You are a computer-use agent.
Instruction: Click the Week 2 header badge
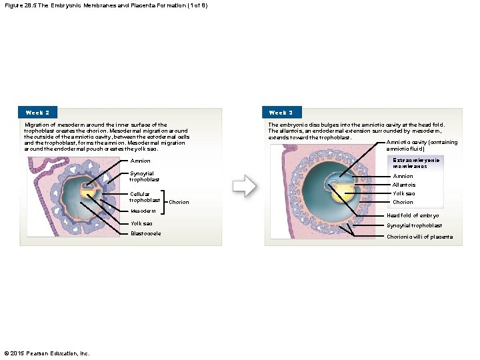pyautogui.click(x=37, y=113)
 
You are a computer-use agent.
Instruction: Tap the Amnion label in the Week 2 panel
pyautogui.click(x=140, y=161)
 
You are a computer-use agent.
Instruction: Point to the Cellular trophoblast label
pyautogui.click(x=145, y=197)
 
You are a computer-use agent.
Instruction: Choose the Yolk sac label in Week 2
pyautogui.click(x=141, y=223)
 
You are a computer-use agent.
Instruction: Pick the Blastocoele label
pyautogui.click(x=145, y=233)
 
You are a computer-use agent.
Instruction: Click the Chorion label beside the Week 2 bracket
pyautogui.click(x=179, y=202)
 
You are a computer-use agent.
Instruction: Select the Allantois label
pyautogui.click(x=403, y=185)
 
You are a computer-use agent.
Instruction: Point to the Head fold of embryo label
pyautogui.click(x=413, y=215)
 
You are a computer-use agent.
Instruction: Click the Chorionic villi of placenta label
pyautogui.click(x=422, y=237)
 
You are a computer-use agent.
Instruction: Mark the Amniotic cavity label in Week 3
pyautogui.click(x=421, y=145)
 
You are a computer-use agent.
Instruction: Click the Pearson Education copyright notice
pyautogui.click(x=47, y=353)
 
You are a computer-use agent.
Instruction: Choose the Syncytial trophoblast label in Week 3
pyautogui.click(x=414, y=225)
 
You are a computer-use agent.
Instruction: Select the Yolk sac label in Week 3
pyautogui.click(x=403, y=193)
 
